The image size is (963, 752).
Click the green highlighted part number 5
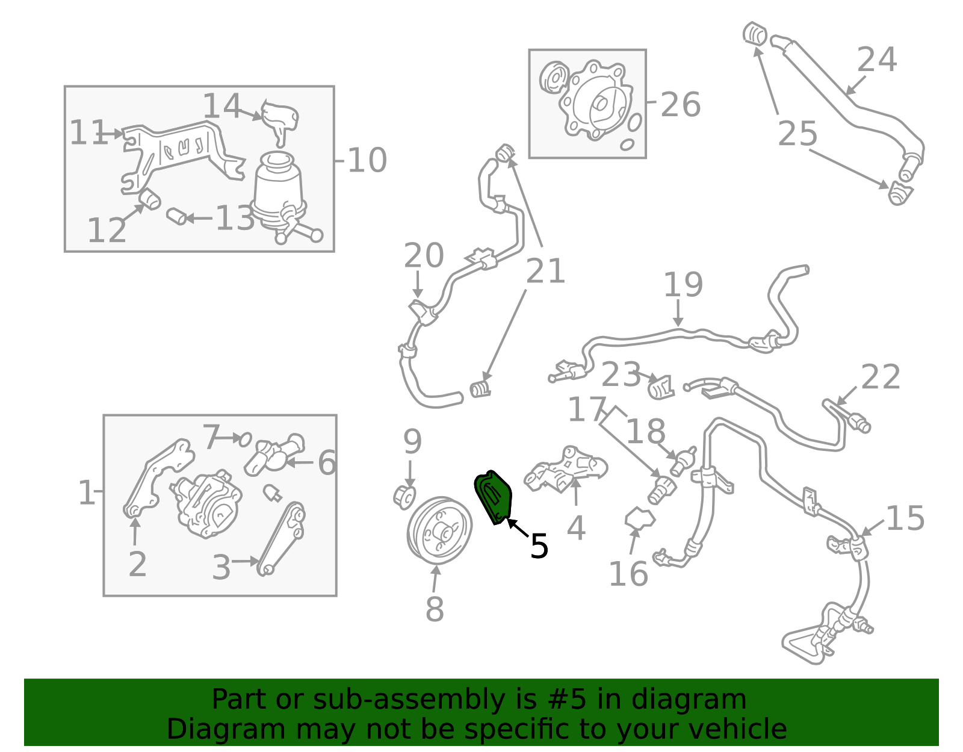point(494,497)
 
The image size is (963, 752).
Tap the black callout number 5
point(539,546)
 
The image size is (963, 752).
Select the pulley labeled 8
point(439,530)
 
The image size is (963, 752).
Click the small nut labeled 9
point(404,497)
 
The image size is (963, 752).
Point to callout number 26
point(680,105)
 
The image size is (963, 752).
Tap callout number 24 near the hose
point(876,60)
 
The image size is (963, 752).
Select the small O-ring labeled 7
point(245,440)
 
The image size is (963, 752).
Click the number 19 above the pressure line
point(683,285)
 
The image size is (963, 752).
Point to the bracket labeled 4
point(565,470)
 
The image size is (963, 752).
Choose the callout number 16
point(628,574)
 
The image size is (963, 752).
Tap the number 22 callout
point(880,377)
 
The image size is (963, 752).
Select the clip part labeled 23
point(661,387)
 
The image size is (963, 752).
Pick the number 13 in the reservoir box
point(235,218)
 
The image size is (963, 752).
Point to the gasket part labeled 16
point(639,518)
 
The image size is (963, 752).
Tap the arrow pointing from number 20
point(418,285)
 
